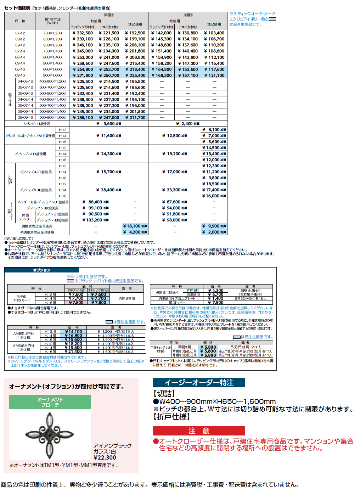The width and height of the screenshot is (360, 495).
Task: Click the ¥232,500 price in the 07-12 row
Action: [x=83, y=33]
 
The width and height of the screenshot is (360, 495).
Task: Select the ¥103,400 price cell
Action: [x=214, y=33]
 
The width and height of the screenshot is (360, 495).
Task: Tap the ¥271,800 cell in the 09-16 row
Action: [x=83, y=75]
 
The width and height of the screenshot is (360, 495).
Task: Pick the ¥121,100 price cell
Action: [x=214, y=75]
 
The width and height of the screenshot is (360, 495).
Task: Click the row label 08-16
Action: [x=20, y=69]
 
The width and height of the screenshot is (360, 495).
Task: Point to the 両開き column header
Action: [x=109, y=15]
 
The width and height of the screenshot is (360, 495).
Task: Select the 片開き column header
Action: [x=188, y=15]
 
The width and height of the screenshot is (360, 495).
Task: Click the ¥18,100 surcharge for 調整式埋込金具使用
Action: [x=135, y=226]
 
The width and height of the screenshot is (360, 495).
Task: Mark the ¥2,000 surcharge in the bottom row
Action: [x=214, y=232]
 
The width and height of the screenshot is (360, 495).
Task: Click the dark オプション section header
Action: [x=41, y=270]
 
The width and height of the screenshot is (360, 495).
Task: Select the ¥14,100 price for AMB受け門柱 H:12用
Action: [x=73, y=332]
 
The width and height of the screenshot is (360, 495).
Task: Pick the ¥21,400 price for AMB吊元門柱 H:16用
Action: [x=73, y=351]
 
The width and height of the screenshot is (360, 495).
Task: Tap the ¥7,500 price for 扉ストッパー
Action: [x=216, y=303]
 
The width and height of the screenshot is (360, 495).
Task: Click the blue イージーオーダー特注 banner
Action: [x=198, y=383]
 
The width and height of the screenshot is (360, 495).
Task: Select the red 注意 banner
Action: [x=198, y=431]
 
